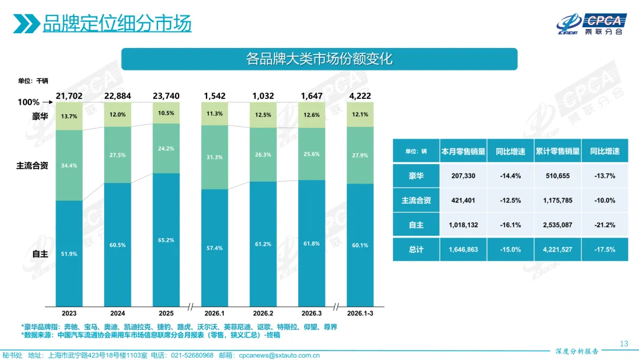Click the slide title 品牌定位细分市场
pyautogui.click(x=117, y=24)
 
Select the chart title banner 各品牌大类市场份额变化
pyautogui.click(x=319, y=59)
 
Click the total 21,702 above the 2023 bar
pyautogui.click(x=69, y=96)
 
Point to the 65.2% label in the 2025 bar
pyautogui.click(x=166, y=240)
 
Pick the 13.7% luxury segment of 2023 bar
pyautogui.click(x=69, y=116)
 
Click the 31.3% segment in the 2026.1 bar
pyautogui.click(x=215, y=157)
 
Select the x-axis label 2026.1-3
pyautogui.click(x=360, y=313)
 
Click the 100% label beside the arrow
pyautogui.click(x=28, y=102)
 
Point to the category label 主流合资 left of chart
pyautogui.click(x=32, y=166)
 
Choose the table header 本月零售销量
pyautogui.click(x=463, y=152)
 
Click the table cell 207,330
pyautogui.click(x=463, y=176)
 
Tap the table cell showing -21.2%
pyautogui.click(x=605, y=225)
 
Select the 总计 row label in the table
pyautogui.click(x=416, y=250)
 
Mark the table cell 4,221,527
pyautogui.click(x=557, y=250)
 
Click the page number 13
pyautogui.click(x=623, y=343)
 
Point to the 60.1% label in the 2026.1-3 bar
pyautogui.click(x=360, y=246)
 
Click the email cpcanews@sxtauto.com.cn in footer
pyautogui.click(x=282, y=355)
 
